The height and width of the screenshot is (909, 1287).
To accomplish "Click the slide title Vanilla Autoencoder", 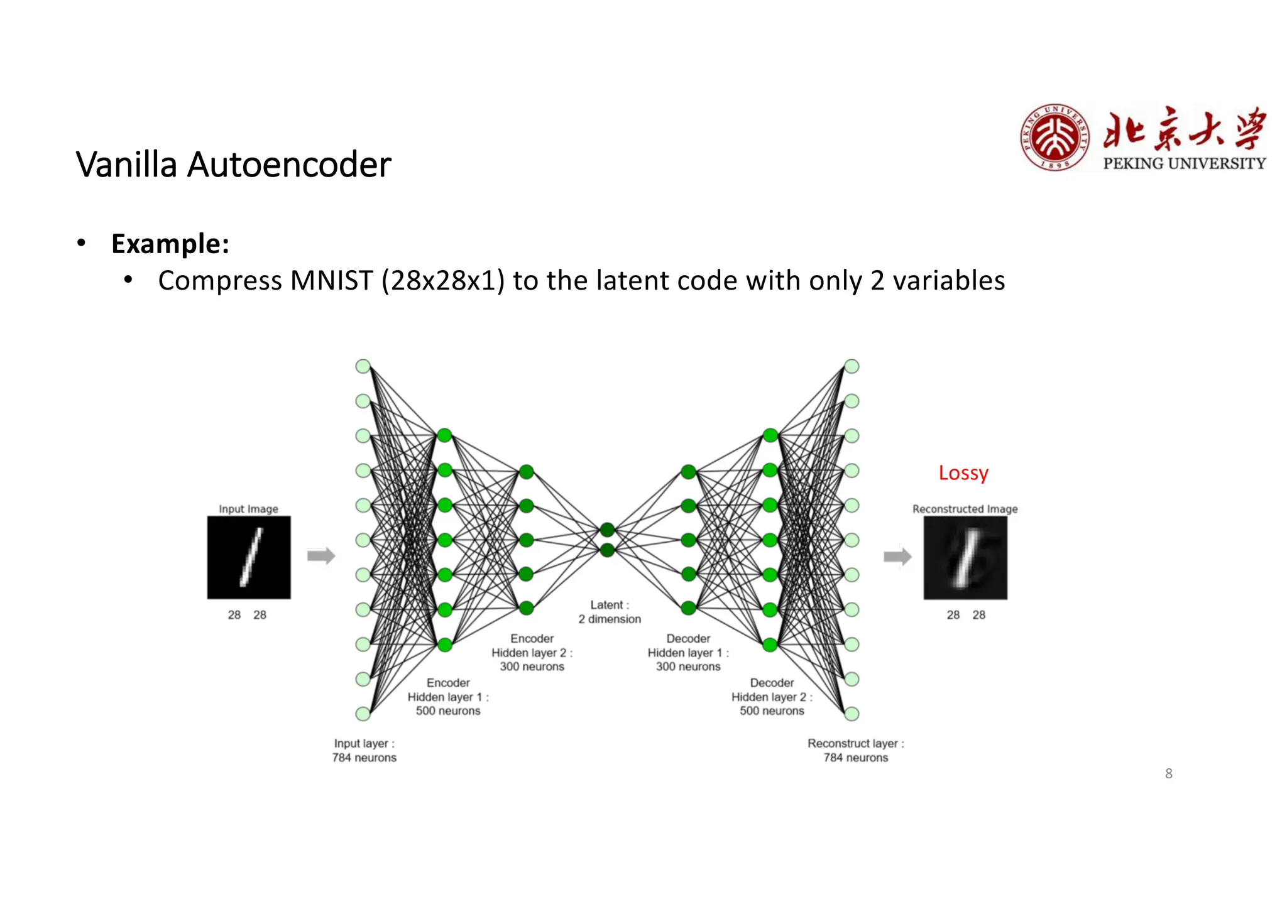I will [233, 165].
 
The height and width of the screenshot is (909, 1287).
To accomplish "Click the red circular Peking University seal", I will [1054, 138].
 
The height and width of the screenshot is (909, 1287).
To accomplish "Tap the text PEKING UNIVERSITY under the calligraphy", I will [1184, 163].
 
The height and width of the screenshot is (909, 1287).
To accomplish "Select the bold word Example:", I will [170, 244].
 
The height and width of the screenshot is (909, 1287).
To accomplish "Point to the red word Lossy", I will [963, 472].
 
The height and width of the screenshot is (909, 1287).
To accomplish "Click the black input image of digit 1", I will [249, 557].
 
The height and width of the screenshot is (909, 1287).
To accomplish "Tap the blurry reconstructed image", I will [965, 557].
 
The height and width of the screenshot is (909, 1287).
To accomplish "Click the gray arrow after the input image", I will [321, 555].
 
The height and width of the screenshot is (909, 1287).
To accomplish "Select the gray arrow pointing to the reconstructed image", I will [897, 556].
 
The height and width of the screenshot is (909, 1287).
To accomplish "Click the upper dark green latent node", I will [607, 530].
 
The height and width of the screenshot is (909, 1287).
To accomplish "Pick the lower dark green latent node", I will [607, 551].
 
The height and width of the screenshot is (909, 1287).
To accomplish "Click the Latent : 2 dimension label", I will [610, 612].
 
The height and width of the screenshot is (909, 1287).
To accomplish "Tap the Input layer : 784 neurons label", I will [364, 750].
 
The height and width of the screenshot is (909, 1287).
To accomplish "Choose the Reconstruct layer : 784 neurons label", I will [855, 750].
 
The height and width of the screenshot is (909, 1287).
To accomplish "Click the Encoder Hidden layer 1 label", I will [448, 697].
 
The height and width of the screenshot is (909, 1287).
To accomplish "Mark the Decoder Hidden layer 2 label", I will [772, 697].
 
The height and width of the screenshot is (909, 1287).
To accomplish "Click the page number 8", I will [1168, 773].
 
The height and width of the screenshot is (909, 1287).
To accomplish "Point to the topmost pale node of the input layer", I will [363, 366].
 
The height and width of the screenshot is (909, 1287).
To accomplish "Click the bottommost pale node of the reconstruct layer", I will [852, 714].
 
